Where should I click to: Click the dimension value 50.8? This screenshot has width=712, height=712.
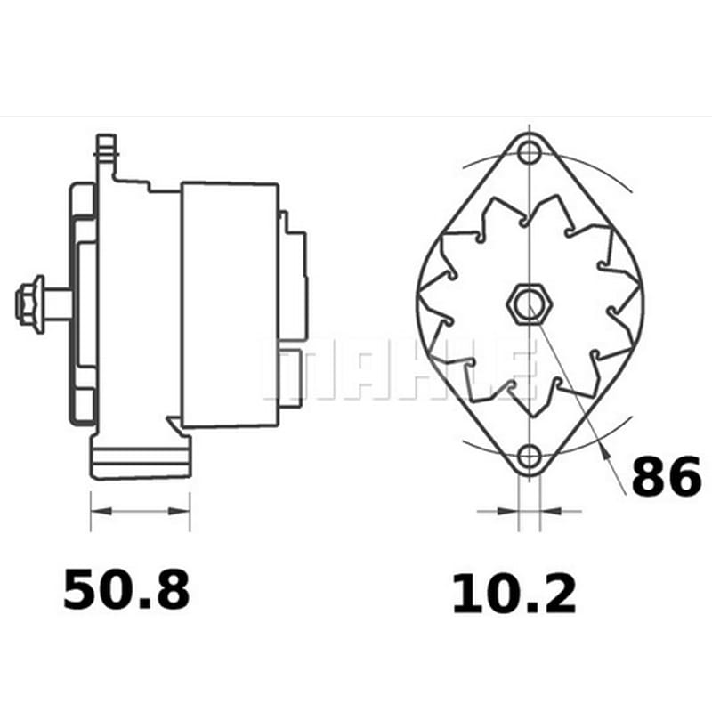pos(126,590)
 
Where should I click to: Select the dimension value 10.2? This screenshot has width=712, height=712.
pos(514,594)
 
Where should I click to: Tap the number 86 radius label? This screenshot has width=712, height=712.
pos(666,477)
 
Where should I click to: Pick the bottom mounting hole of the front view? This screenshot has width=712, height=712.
pos(529,457)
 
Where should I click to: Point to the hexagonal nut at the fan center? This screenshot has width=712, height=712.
pos(529,304)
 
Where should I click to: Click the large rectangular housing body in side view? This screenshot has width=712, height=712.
pos(230,305)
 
